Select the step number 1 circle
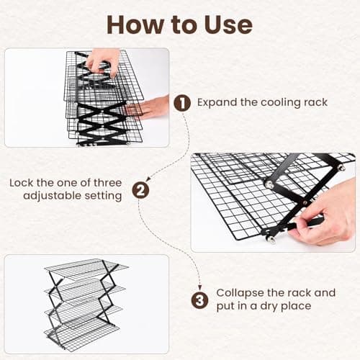pos(182,103)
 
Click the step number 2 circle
pos(141,190)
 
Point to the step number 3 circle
pos(199,300)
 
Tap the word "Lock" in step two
pos(24,183)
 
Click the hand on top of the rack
pos(103,59)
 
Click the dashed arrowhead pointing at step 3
pos(200,284)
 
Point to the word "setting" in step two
pos(102,196)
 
